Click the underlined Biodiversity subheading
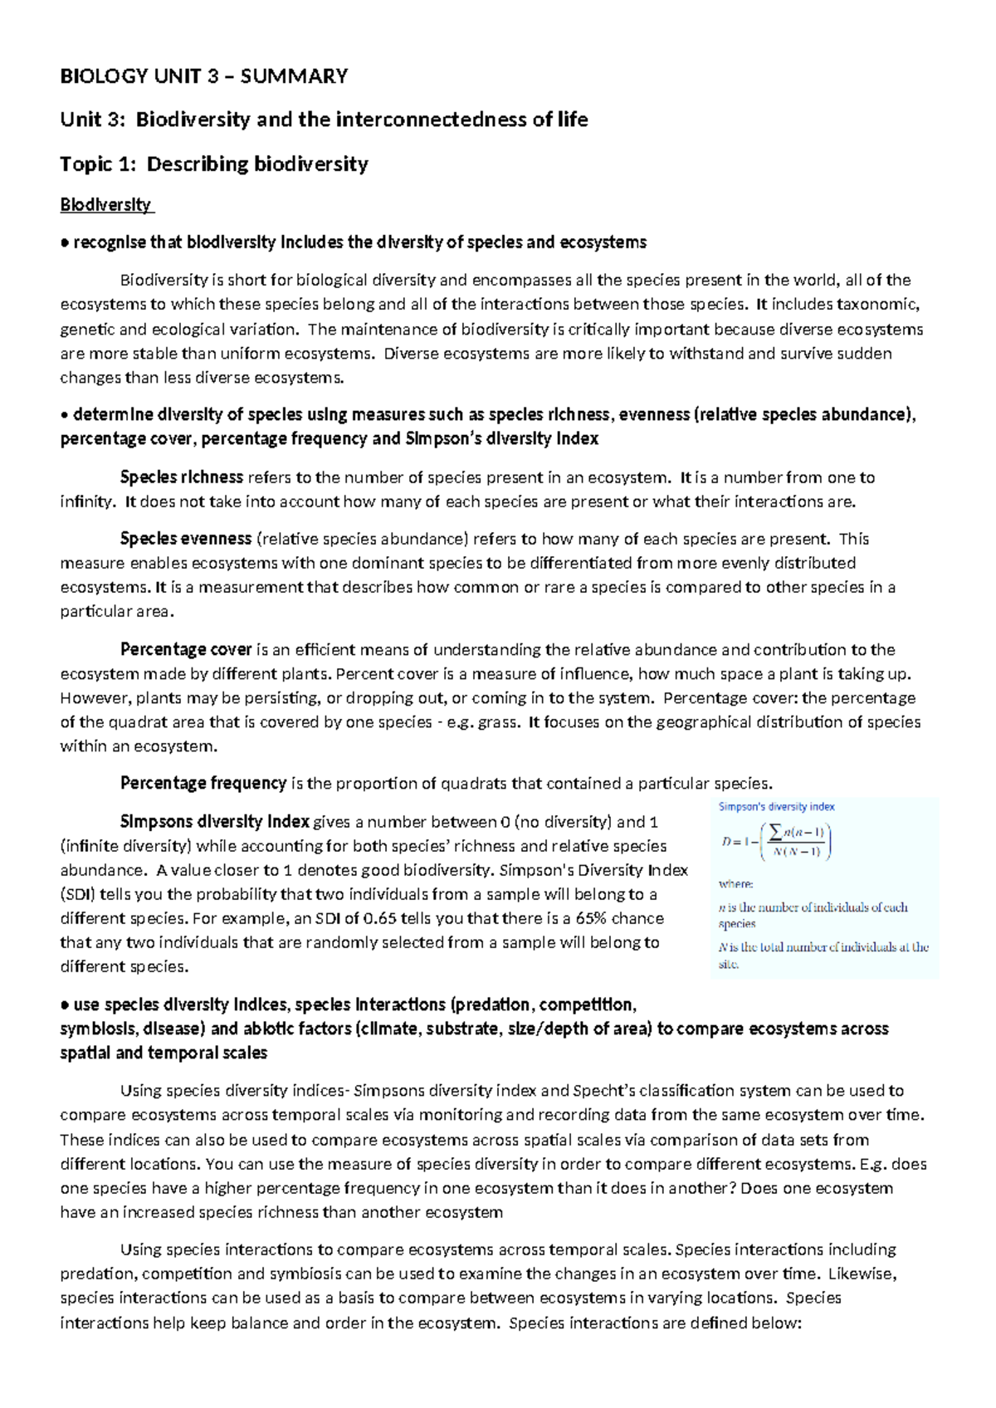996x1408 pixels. (106, 205)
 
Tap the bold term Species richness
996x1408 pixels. (181, 477)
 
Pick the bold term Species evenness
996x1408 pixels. (185, 539)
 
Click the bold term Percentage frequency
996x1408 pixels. (203, 783)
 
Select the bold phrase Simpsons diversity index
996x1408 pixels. (214, 822)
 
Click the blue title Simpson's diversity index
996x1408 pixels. (776, 806)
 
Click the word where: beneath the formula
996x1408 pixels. (735, 884)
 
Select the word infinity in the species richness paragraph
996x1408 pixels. (86, 501)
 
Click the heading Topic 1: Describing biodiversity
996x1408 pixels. (214, 164)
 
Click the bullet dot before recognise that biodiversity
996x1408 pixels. (65, 243)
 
